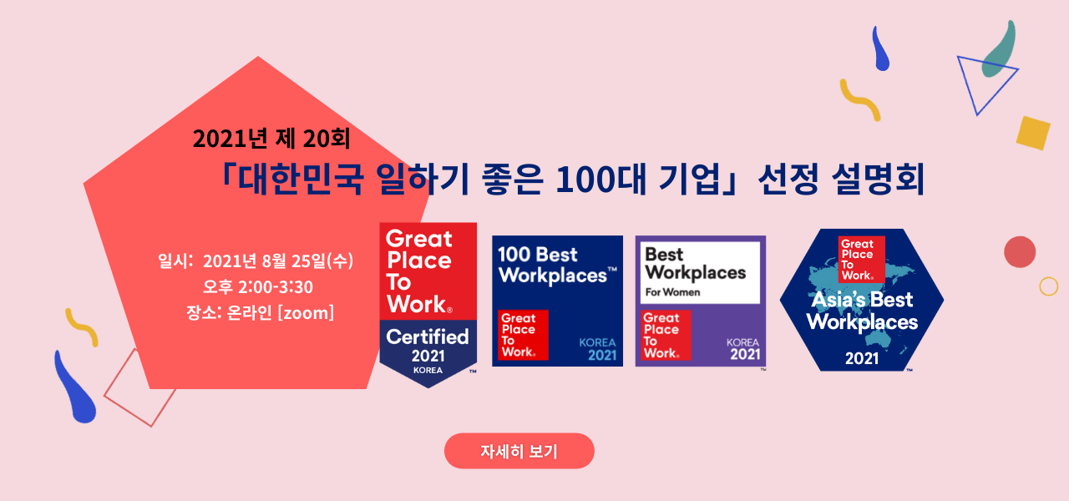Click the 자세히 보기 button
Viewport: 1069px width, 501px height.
(x=519, y=451)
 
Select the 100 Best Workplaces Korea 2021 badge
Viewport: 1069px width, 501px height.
(x=557, y=301)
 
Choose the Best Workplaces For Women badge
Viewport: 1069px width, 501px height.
(x=700, y=301)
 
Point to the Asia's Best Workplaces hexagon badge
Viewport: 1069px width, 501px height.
(x=861, y=301)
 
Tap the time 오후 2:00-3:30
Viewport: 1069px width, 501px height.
(x=258, y=287)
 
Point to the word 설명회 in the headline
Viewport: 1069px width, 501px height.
(x=878, y=179)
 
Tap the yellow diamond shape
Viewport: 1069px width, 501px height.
(x=1033, y=134)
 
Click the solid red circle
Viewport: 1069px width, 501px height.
(x=1020, y=252)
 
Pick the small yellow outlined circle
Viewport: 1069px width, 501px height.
(x=1048, y=286)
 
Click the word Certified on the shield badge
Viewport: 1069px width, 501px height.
(x=428, y=337)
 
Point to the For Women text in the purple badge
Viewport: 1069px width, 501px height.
(x=672, y=292)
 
